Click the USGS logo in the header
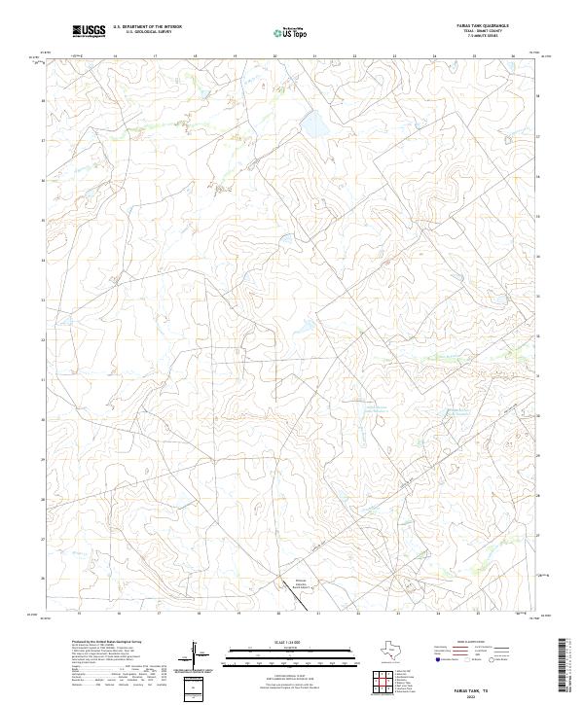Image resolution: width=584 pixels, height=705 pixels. [89, 32]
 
